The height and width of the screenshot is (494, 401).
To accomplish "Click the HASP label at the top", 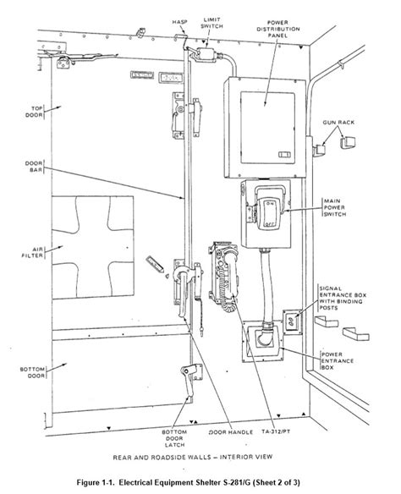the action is coord(179,22).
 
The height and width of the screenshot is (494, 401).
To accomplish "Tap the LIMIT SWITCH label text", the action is coord(212,23).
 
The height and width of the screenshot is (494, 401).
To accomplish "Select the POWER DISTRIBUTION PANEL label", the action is coord(277,29).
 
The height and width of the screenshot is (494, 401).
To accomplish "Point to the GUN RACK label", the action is coord(338,123).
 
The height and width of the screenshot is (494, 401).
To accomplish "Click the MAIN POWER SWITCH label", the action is coord(335,207).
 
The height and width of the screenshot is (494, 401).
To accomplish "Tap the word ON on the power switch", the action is coord(270,204).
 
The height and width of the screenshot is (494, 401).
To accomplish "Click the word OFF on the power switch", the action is coord(269,224).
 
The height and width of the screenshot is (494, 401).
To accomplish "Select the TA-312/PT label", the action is coord(276,431).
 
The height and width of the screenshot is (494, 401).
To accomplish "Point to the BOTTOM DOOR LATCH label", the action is coord(174,438).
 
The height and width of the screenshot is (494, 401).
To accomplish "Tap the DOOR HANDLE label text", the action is coord(231,432).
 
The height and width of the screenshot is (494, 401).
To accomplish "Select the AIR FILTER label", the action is coord(32,252).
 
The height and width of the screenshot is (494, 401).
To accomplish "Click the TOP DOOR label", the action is coord(34,112).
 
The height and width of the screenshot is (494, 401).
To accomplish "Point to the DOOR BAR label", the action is coord(34,167).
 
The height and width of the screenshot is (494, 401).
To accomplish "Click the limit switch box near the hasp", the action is coord(206,53).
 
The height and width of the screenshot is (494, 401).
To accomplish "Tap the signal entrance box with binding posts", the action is coord(291,321).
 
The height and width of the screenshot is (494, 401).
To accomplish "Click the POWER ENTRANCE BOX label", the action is coord(337,361).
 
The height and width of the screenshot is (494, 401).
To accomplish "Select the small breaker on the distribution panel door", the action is coord(285,154).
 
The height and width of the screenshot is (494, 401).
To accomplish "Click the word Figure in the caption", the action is coord(88,482).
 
